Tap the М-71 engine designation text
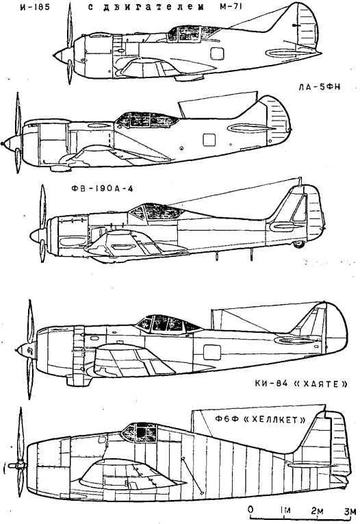coord(229,7)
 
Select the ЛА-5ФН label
coord(319,87)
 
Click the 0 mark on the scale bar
coord(250,510)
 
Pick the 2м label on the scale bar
coord(318,510)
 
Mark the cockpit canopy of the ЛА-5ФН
coord(147,119)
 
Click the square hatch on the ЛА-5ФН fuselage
coord(209,140)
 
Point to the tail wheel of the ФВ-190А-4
coord(298,245)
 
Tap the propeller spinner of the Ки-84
coord(26,350)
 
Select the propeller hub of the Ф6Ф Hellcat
coord(16,466)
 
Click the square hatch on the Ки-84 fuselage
coord(211,353)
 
